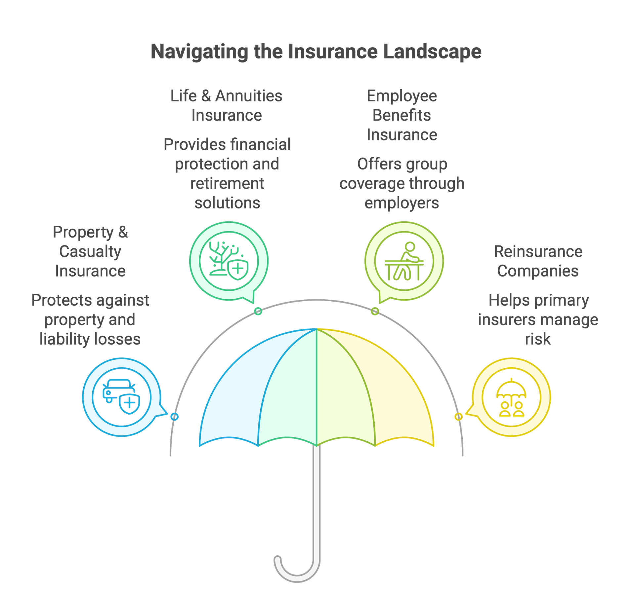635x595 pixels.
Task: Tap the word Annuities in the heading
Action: (250, 96)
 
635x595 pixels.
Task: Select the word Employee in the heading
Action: (402, 96)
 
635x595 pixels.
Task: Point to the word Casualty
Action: (90, 252)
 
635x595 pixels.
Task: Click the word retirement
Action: (228, 184)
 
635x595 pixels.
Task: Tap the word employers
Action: (402, 203)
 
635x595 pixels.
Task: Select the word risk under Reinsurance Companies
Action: (538, 340)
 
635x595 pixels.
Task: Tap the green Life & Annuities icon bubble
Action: (229, 261)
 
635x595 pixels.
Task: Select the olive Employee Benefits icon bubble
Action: (404, 261)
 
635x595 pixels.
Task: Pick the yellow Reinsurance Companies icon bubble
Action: (511, 398)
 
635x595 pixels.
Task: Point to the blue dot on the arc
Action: (174, 417)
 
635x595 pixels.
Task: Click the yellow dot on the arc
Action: (458, 417)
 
